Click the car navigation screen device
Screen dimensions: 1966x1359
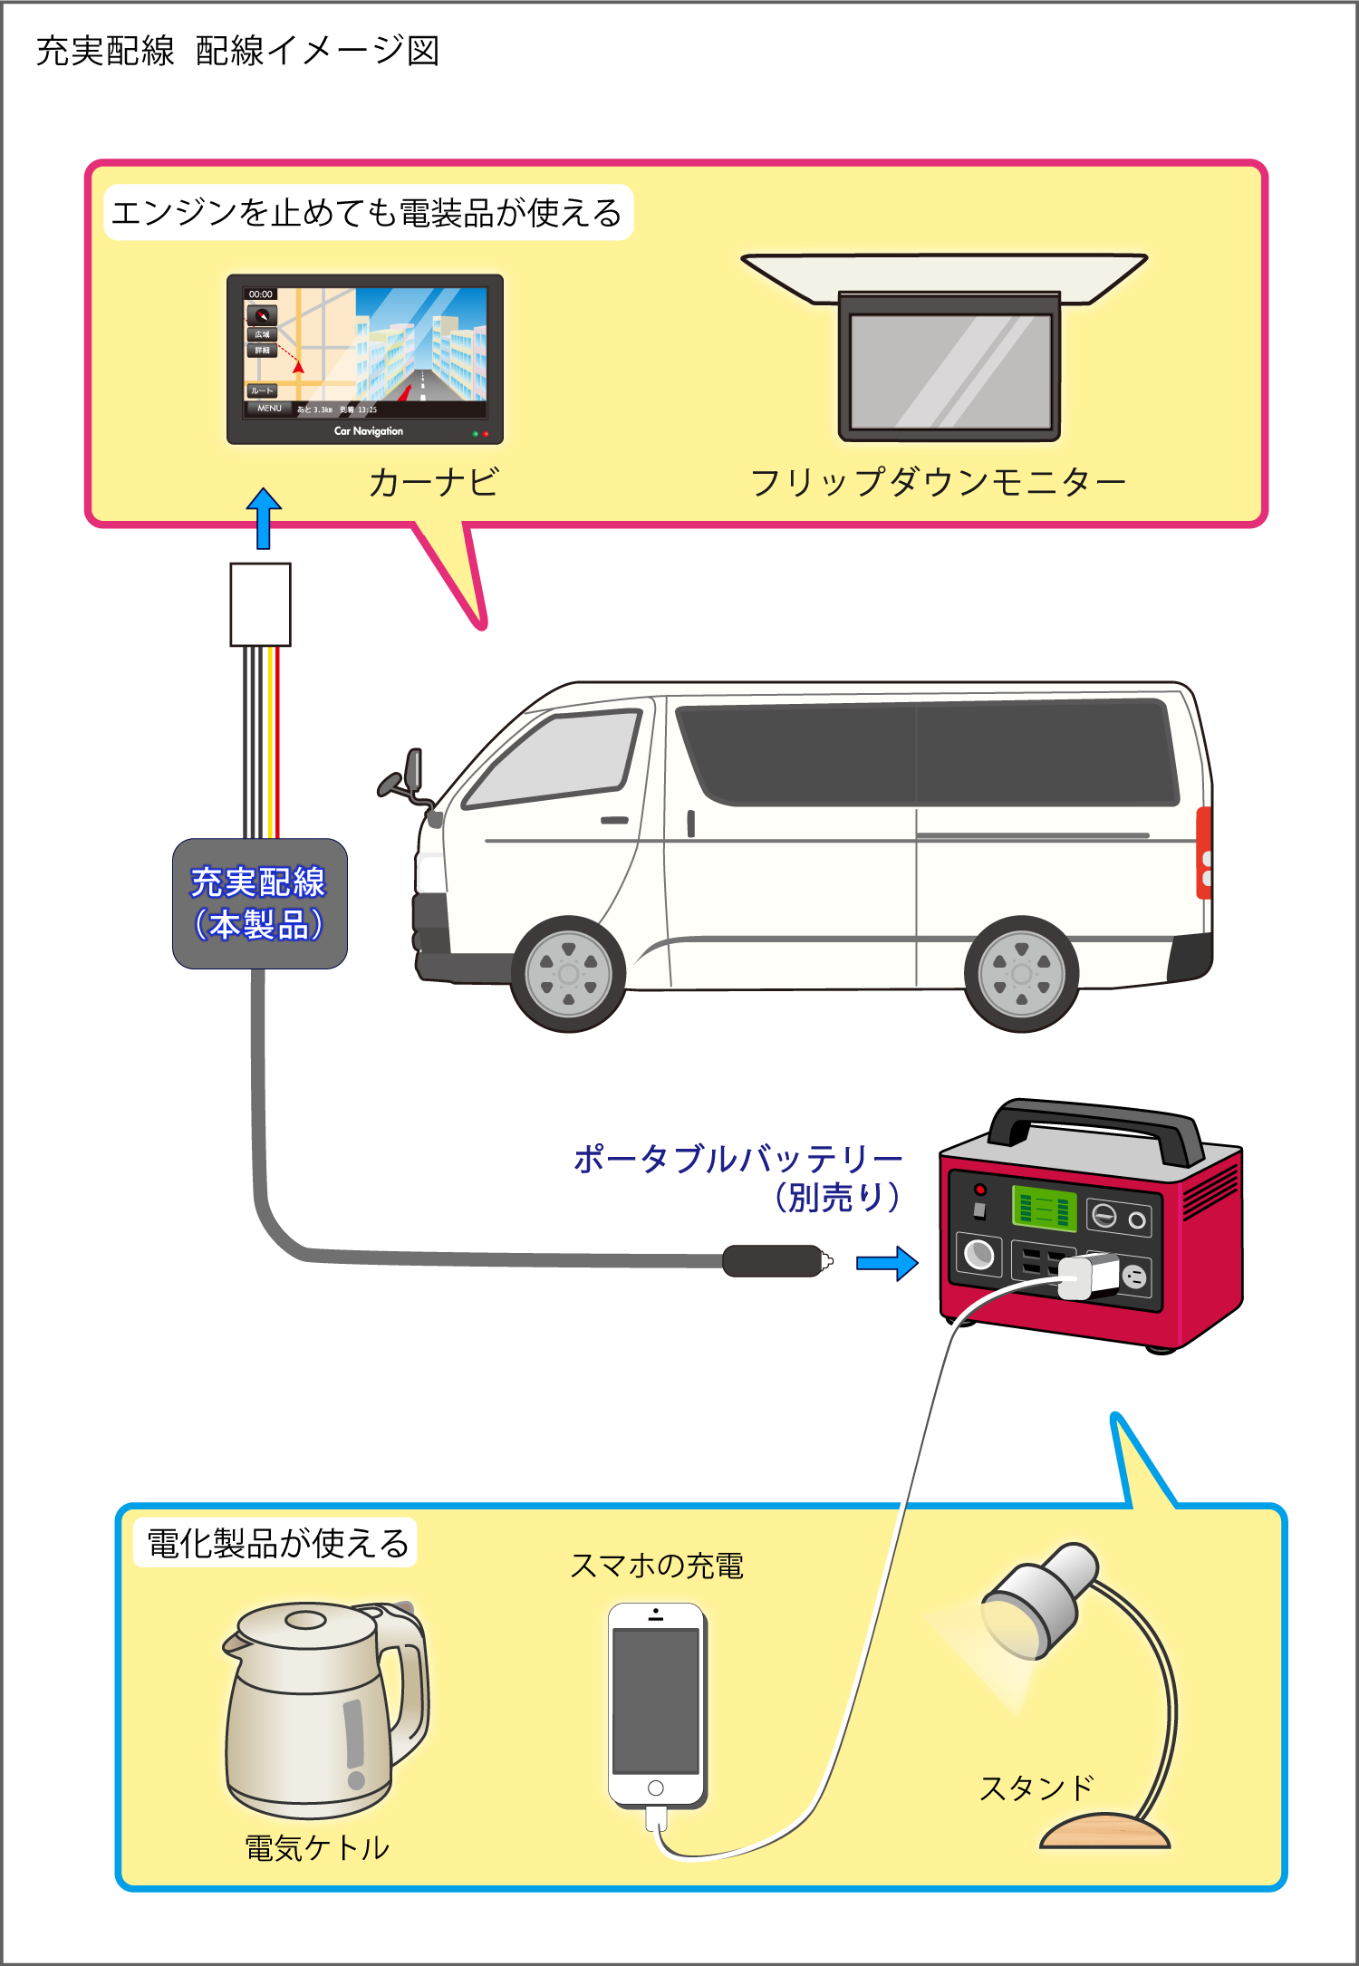click(364, 358)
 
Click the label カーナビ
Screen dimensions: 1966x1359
click(433, 482)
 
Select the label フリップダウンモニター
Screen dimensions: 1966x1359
click(938, 482)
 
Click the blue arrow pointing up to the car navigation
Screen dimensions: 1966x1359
click(264, 518)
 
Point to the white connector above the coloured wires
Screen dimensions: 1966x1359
click(260, 604)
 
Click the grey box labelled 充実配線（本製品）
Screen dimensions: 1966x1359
click(260, 903)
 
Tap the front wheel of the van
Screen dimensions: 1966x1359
click(568, 974)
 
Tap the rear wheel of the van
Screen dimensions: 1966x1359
click(1021, 974)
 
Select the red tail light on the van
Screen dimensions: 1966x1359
click(1204, 853)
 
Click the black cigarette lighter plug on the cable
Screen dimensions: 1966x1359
click(773, 1261)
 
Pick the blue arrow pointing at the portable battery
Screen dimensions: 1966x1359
click(887, 1263)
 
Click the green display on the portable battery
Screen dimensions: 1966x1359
click(1044, 1209)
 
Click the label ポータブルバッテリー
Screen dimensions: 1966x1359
click(738, 1159)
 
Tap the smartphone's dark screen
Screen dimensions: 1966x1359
click(656, 1701)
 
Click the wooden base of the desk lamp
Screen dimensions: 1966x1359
click(1105, 1832)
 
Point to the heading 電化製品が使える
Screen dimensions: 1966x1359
click(277, 1543)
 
